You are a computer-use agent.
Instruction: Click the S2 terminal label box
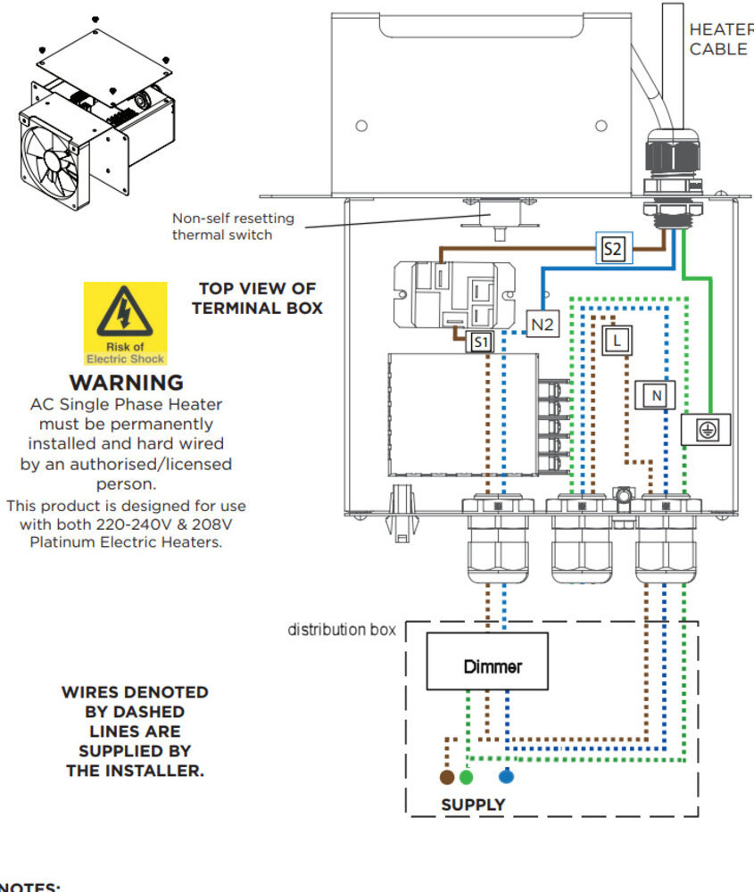click(612, 250)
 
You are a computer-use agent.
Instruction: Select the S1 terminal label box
click(480, 342)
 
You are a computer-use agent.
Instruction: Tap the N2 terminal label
click(543, 326)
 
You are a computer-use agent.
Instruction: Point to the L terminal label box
click(616, 339)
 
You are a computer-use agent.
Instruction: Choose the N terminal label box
click(656, 394)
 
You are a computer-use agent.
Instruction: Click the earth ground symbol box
click(706, 431)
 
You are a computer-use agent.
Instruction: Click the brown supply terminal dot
click(447, 777)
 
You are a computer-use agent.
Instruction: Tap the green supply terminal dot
click(466, 777)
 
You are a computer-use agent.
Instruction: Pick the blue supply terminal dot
click(507, 777)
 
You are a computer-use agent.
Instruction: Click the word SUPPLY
click(473, 805)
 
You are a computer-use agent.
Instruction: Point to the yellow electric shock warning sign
click(125, 323)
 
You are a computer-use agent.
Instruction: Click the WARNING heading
click(126, 384)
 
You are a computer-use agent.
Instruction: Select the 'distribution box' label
click(341, 631)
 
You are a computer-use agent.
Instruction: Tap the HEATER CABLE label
click(719, 39)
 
